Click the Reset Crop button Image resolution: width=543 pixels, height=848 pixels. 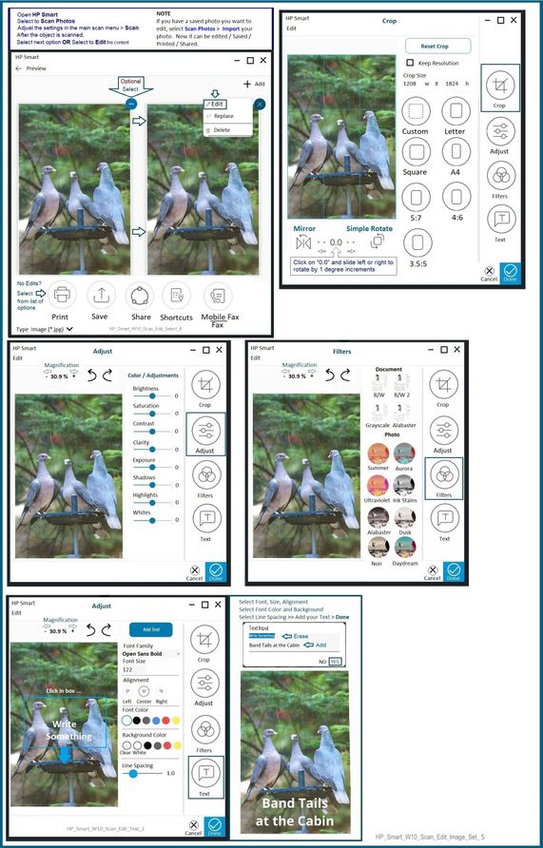click(438, 46)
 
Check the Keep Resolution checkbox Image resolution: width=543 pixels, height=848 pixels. click(409, 63)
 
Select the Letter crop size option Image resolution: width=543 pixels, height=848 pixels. click(455, 110)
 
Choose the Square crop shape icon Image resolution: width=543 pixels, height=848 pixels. click(416, 151)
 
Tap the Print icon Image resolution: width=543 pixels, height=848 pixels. click(60, 295)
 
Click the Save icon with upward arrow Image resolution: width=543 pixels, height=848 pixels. click(100, 295)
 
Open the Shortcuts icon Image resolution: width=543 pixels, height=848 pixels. click(177, 295)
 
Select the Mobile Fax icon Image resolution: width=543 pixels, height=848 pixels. click(220, 296)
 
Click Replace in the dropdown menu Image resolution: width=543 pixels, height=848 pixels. click(223, 116)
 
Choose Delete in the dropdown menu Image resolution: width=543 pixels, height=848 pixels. click(221, 129)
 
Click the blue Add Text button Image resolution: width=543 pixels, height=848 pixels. click(150, 629)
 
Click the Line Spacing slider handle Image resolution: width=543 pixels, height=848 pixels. click(133, 773)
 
